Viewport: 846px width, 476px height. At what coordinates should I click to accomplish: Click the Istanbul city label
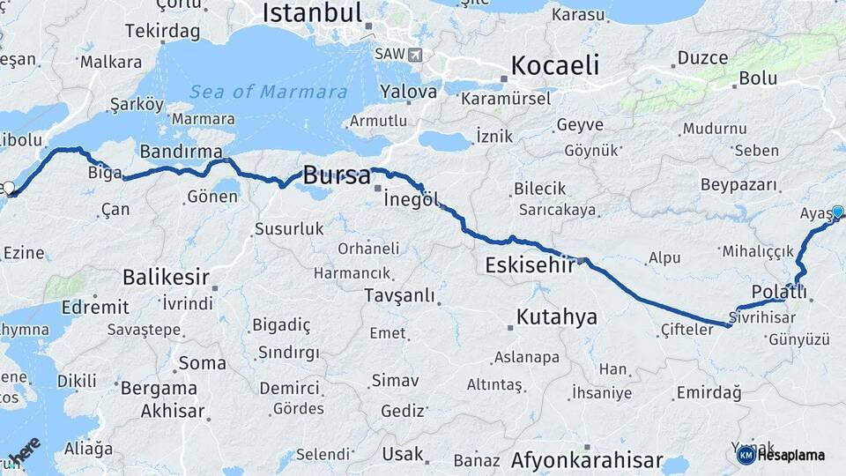313,13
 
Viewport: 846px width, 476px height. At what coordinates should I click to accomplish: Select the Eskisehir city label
530,264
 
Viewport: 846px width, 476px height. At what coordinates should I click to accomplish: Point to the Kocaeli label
555,65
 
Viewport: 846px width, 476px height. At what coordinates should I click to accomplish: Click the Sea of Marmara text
269,92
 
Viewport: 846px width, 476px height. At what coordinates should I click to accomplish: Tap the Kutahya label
557,316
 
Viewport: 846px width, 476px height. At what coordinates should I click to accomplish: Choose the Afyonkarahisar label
586,459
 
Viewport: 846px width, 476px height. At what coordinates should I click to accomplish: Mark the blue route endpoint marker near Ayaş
837,212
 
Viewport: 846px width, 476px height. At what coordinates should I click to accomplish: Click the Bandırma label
181,152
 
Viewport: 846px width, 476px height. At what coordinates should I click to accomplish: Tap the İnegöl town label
412,199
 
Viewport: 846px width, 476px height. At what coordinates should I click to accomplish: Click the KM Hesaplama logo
781,455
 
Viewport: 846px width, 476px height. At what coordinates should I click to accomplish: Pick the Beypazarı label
740,185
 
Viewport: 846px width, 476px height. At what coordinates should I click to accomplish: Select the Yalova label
408,92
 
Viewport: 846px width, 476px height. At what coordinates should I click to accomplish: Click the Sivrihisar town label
762,316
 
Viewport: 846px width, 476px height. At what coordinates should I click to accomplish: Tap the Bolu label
758,78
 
